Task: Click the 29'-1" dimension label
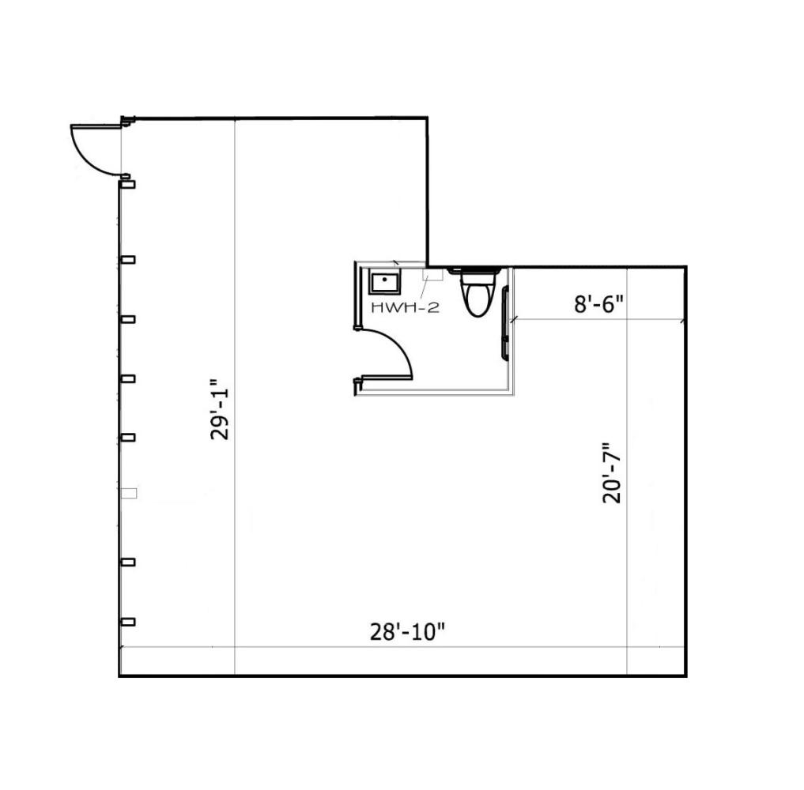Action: pos(221,409)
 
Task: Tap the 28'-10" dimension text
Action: pos(407,632)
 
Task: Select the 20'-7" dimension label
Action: pos(611,473)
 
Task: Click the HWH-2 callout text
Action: pos(405,308)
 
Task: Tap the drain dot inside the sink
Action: pos(384,280)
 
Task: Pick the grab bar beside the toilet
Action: pos(505,323)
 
